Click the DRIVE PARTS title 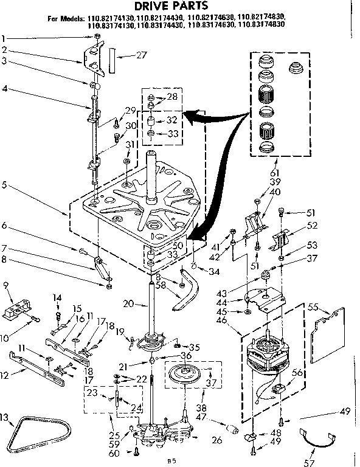pos(179,6)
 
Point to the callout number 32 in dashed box pos(171,120)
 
